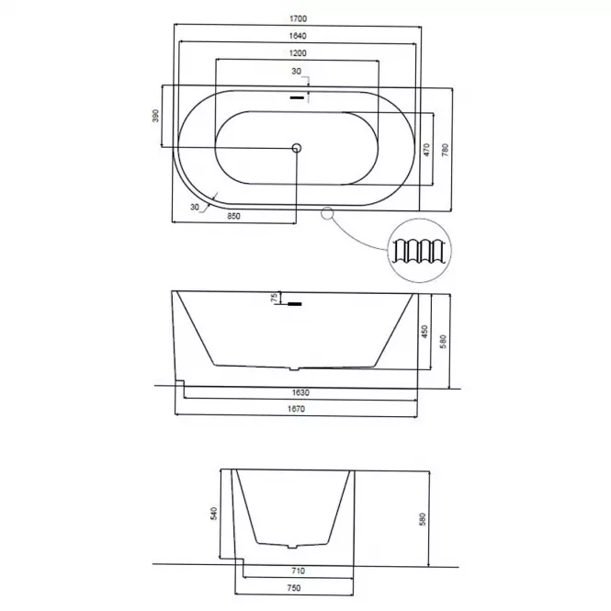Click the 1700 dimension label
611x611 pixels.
(298, 18)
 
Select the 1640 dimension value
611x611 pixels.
(298, 36)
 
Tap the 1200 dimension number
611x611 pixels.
(298, 53)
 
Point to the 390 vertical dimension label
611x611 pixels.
(155, 116)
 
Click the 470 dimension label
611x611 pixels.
(426, 150)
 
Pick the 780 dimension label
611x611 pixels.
(445, 150)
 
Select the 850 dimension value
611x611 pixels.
(233, 216)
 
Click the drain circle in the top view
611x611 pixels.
(297, 148)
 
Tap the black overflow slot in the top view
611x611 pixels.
(297, 97)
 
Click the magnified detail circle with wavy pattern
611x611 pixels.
(420, 251)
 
